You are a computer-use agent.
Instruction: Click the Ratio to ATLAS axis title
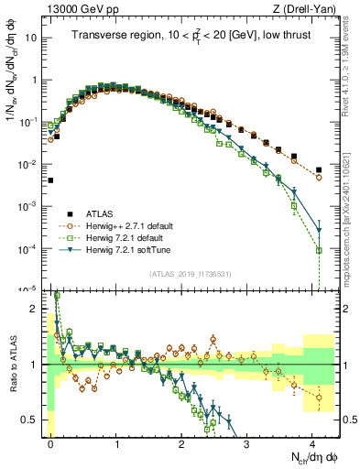pos(12,364)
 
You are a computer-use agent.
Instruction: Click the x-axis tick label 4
pos(312,442)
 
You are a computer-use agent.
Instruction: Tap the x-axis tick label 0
pos(51,442)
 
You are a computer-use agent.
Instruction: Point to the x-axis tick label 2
pos(182,442)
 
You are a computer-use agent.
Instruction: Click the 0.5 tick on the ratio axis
pos(31,420)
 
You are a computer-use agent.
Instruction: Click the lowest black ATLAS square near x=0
pos(51,180)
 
